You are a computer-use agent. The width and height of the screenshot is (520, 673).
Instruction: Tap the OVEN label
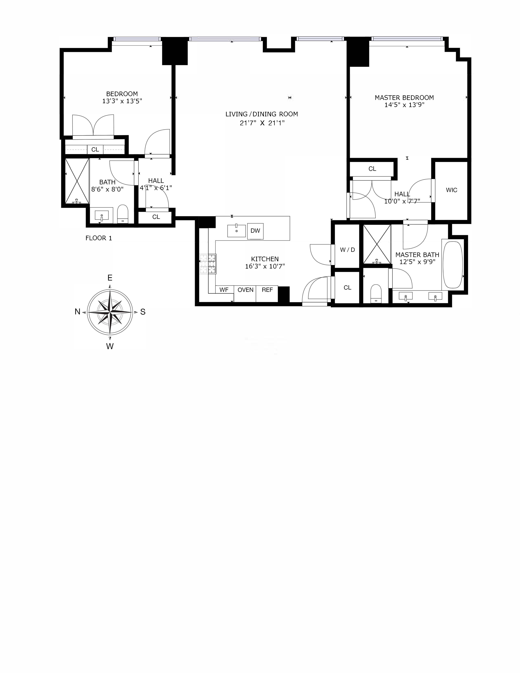tap(246, 290)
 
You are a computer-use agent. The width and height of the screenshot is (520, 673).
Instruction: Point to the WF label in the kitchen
tap(224, 290)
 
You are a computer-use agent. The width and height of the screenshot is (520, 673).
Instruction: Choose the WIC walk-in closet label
tap(452, 190)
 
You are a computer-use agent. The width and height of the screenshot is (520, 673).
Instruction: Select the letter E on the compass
tap(110, 278)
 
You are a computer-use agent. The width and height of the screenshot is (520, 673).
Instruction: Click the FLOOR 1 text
tap(99, 238)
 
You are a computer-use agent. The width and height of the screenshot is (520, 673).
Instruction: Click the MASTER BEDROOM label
tap(404, 98)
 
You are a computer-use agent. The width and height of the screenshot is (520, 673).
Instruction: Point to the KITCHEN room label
tap(265, 259)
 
